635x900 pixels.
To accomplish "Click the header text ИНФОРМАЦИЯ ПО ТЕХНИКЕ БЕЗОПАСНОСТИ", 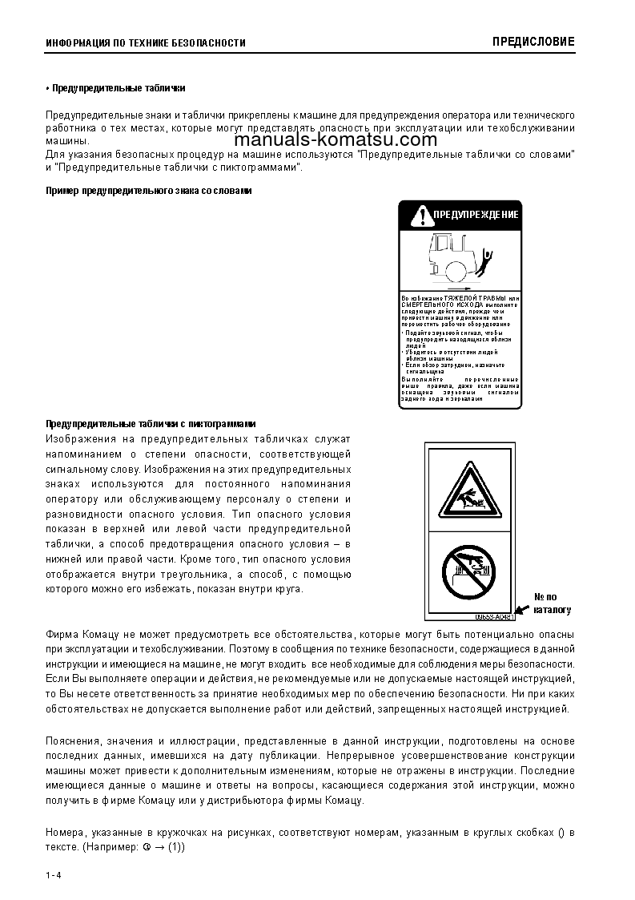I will click(x=145, y=43).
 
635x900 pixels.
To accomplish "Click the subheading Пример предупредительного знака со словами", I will click(x=149, y=192).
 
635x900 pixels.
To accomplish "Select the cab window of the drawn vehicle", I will click(x=444, y=244).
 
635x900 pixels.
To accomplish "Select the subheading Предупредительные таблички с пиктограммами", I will click(x=151, y=423).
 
